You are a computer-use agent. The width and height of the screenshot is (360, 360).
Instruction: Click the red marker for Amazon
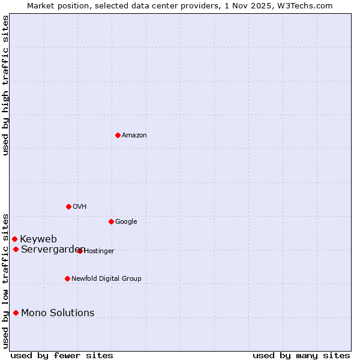point(118,135)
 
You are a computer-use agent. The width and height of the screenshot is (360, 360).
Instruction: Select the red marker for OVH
point(68,206)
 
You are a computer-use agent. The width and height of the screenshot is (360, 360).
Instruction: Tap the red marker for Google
point(111,221)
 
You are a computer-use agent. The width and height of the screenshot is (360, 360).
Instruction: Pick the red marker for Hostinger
point(80,251)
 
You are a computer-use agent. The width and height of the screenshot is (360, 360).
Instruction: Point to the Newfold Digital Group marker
point(67,278)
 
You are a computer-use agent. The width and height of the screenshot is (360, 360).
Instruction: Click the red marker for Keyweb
point(14,239)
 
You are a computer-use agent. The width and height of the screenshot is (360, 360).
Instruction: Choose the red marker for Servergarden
point(16,249)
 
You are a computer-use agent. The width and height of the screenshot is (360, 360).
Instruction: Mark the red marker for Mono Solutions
point(16,313)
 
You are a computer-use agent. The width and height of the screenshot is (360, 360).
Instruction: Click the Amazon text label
point(134,136)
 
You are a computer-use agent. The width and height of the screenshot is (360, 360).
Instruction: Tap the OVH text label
point(80,207)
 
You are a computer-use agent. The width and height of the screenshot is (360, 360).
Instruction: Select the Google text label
point(126,222)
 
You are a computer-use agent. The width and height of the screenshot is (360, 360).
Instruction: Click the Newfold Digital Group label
point(106,279)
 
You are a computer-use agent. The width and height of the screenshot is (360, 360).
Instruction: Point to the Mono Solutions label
point(58,313)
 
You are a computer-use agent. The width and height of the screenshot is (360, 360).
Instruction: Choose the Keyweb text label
point(38,239)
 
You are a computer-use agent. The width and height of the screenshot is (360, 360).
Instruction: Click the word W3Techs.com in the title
point(308,6)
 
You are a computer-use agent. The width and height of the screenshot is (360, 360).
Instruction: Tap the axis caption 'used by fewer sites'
point(62,355)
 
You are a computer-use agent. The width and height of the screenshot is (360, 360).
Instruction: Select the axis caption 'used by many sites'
point(301,355)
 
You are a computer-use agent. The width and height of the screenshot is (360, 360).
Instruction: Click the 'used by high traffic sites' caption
point(5,85)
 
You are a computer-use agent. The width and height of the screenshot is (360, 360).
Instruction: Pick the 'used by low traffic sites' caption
point(5,281)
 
